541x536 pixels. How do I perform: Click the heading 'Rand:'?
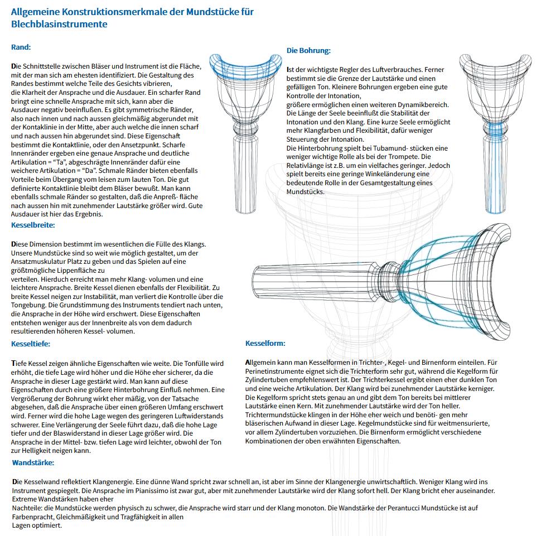(21, 47)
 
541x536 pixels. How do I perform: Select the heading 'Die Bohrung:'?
(308, 51)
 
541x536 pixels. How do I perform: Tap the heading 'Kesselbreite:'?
(33, 225)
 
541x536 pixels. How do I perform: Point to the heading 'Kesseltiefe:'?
(31, 344)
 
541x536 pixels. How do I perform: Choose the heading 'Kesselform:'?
(265, 344)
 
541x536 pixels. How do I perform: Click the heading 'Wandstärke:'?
(33, 463)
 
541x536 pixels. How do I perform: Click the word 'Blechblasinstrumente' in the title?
(59, 24)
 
